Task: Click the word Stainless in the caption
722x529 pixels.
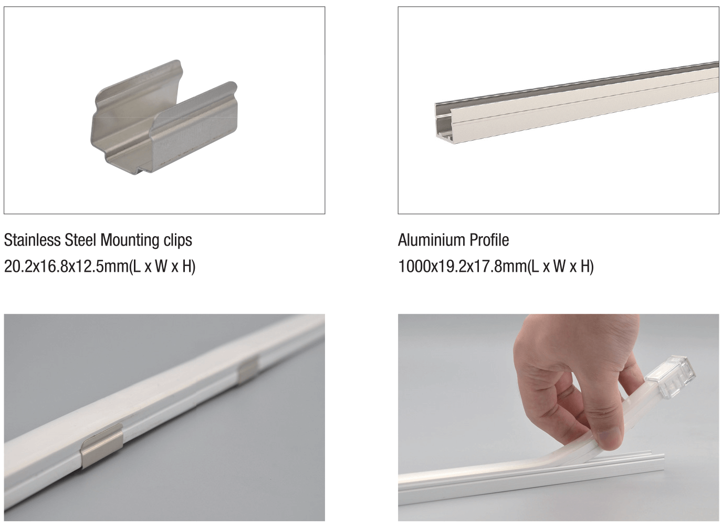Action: pos(32,240)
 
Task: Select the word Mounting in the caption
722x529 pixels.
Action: pos(130,241)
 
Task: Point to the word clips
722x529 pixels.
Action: pos(177,240)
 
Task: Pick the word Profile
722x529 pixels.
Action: pos(489,240)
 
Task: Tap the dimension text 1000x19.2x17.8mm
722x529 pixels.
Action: pos(463,267)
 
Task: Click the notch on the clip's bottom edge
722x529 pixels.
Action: pos(144,169)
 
